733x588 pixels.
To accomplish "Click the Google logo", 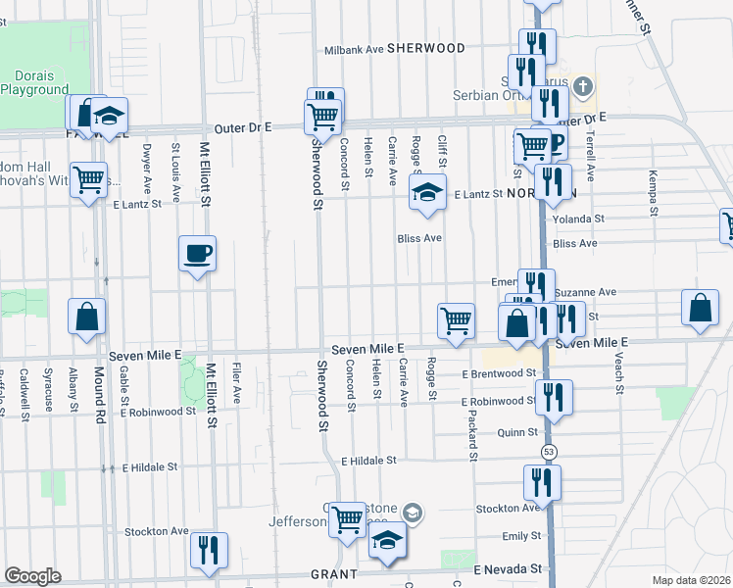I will (x=33, y=576).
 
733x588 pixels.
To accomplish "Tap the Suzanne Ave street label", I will (x=585, y=292).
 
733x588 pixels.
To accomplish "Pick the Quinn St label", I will (x=518, y=431).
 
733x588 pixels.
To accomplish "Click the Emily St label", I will (x=521, y=536).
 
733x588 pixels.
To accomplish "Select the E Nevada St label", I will (x=508, y=568).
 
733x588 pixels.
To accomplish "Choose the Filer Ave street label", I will (x=237, y=381).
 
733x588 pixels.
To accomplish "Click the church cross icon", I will (x=583, y=86).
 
